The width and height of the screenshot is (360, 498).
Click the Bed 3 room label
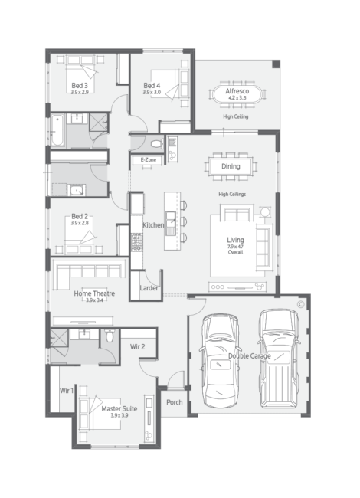tap(80, 86)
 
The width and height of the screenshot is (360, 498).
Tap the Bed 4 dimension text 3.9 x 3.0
tap(152, 92)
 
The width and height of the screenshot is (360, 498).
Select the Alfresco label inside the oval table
tap(237, 91)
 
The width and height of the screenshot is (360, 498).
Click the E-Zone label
tap(149, 160)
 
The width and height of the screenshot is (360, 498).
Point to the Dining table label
tap(231, 166)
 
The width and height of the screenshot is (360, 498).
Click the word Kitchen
tap(153, 224)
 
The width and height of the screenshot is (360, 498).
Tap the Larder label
tap(149, 288)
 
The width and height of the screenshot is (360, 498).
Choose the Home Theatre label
tap(94, 293)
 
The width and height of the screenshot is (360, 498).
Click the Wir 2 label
tap(137, 346)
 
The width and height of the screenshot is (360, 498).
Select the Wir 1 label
tap(67, 390)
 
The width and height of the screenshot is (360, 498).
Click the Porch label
tap(175, 402)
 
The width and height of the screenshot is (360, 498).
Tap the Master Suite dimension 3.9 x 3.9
tap(119, 415)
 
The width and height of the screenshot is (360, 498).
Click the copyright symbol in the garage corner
tap(300, 305)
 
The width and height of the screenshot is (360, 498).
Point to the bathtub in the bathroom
tap(57, 130)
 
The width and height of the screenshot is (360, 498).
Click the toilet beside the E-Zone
tap(157, 144)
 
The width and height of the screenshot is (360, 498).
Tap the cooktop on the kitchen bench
tap(137, 242)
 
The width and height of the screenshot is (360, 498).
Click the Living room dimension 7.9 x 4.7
tap(235, 247)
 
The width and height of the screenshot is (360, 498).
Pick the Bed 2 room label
tap(80, 216)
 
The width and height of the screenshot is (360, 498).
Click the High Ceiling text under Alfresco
tap(236, 116)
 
